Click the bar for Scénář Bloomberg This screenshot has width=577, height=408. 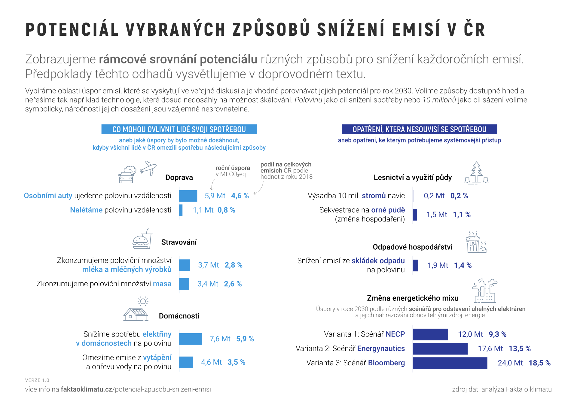coord(450,363)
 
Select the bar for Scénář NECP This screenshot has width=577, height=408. coord(430,334)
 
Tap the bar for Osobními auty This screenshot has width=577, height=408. coord(188,196)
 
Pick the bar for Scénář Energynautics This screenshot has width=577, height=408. coord(440,349)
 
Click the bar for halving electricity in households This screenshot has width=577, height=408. coord(191,339)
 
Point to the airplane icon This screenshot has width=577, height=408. coord(148,168)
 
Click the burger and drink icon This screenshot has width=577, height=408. coord(142,239)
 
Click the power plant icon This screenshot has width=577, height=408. coord(484,291)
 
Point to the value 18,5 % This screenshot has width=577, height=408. coord(539,363)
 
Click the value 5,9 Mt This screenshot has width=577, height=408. coord(215,196)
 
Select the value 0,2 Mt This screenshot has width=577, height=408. coord(434,196)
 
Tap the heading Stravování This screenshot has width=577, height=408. coord(179,242)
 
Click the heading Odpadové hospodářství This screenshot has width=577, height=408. coord(412,247)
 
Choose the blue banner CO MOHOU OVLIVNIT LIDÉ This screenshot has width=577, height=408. coord(179,129)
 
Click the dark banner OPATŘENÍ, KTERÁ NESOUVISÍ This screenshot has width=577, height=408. coord(419,129)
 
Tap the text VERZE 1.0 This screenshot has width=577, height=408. coord(37,380)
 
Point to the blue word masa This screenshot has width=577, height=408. coord(162,284)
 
